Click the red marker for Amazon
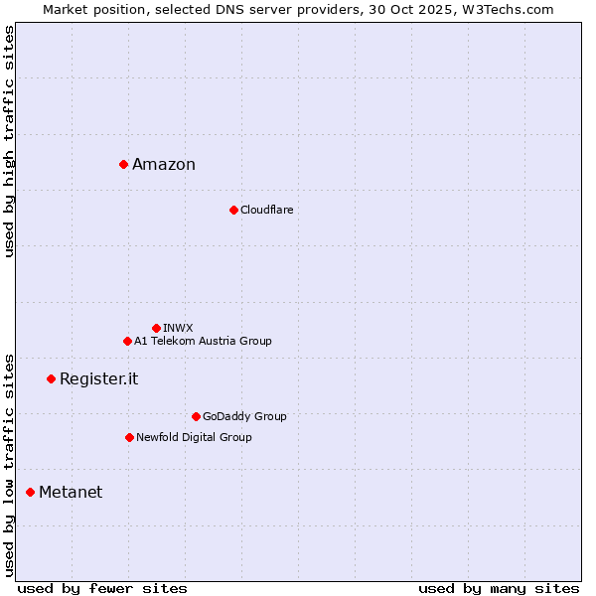coord(123,164)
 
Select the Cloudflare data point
coord(233,210)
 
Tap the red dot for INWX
coord(156,328)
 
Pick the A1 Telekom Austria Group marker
coord(127,341)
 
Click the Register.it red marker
coord(51,378)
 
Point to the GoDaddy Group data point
coord(196,416)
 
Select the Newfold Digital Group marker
coord(129,437)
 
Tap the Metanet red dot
coord(30,492)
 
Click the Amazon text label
coord(164,165)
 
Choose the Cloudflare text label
coord(267,210)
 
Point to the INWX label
coord(179,328)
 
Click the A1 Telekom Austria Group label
coord(203,341)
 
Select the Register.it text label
coord(99,379)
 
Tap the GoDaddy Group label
coord(244,416)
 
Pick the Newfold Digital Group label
coord(194,437)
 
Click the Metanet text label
coord(71,493)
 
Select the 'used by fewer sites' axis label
coord(102,588)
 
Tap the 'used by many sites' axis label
coord(499,588)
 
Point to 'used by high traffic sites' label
coord(9,141)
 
